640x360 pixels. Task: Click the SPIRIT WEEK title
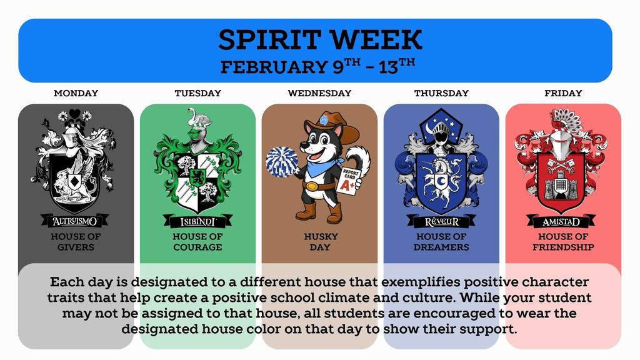320,40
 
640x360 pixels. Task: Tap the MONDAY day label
76,93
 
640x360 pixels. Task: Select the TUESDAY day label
197,93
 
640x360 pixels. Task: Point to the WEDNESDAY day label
319,93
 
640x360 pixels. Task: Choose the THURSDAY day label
441,93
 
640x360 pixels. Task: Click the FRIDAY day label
563,93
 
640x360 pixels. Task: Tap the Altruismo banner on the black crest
75,221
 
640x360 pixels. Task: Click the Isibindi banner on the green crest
197,221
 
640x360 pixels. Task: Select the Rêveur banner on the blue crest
441,221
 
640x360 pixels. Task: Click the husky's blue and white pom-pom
282,161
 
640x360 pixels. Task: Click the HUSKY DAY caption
320,242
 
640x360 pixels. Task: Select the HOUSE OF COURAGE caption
197,242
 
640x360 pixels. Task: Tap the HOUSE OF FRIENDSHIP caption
563,242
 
